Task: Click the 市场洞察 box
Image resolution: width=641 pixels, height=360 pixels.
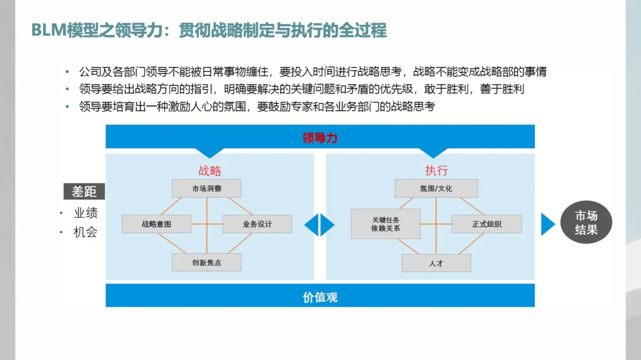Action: tap(207, 189)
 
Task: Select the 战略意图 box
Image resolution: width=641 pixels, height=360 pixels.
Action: tap(156, 224)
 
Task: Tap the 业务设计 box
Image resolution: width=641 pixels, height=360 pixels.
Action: tap(257, 224)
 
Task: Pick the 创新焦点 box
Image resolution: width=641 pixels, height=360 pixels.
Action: tap(207, 262)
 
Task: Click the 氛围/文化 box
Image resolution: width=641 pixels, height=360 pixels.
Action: tap(436, 189)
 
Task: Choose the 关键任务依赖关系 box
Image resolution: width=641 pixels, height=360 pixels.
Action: tap(385, 224)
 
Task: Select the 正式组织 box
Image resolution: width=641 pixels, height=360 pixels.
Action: tap(487, 224)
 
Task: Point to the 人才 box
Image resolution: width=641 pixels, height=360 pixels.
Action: tap(436, 263)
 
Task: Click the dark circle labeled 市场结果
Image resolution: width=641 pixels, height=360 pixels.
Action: tap(586, 223)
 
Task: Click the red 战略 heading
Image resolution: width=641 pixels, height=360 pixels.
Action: tap(210, 171)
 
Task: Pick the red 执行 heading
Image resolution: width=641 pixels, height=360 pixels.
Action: tap(436, 171)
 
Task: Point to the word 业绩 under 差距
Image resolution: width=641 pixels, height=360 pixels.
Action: tap(85, 213)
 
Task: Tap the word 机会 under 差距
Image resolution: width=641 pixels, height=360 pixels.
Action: tap(85, 232)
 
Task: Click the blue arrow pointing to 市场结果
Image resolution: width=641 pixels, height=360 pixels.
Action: tap(547, 224)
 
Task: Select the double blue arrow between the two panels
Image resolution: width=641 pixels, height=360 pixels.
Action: tap(319, 225)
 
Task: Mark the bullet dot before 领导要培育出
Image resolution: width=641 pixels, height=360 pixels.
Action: tap(68, 107)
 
